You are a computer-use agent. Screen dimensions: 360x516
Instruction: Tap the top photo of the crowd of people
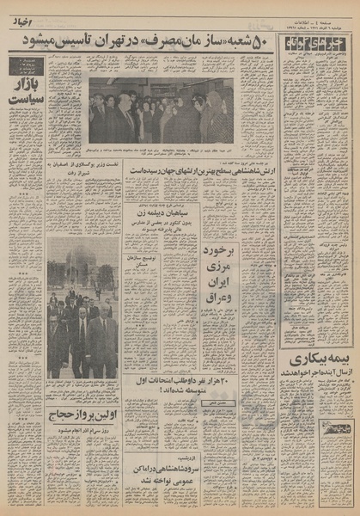(x=161, y=110)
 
